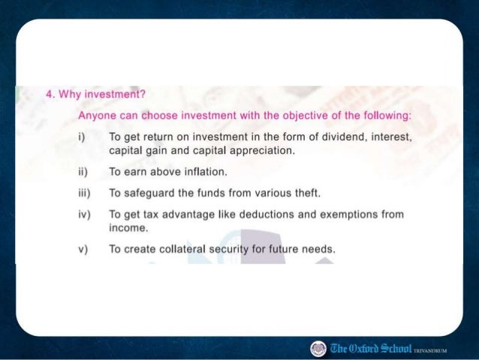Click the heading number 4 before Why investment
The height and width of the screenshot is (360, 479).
[49, 96]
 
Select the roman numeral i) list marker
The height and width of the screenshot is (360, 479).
[81, 138]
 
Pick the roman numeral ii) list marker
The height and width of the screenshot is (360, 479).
[83, 172]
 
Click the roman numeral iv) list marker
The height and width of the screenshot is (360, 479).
[83, 214]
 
